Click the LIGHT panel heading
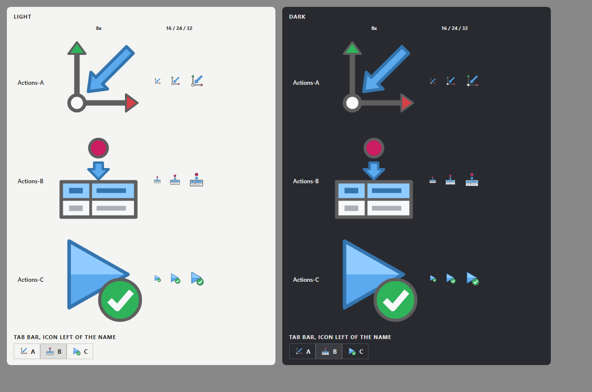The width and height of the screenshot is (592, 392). (x=23, y=17)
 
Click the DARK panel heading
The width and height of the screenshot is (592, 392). (x=297, y=17)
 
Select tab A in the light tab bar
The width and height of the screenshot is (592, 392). (x=27, y=351)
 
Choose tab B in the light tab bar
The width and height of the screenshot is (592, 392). (x=53, y=351)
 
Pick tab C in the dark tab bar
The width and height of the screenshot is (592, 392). (x=355, y=351)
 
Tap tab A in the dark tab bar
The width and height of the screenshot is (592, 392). (x=302, y=351)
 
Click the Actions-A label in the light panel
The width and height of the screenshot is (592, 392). (x=31, y=83)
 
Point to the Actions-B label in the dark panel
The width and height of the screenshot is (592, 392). (x=306, y=181)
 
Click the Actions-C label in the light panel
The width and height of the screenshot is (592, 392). (x=30, y=280)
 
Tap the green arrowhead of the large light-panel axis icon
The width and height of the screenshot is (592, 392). (x=77, y=49)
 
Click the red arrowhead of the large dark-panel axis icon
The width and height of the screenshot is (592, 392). (x=407, y=103)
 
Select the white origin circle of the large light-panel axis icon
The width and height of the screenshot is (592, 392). (x=77, y=103)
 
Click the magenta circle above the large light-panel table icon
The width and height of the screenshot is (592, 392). (x=99, y=148)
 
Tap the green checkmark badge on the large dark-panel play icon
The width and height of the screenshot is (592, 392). (x=395, y=300)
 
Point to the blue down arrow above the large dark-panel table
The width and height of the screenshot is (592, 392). (x=374, y=171)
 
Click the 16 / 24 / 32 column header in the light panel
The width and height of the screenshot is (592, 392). (x=179, y=28)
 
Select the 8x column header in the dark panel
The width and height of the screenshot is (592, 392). (x=374, y=28)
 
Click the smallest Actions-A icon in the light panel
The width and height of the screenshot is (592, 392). (x=157, y=81)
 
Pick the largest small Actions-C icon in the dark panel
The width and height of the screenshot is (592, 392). (x=472, y=279)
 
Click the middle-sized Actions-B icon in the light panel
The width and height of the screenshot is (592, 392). (x=175, y=180)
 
